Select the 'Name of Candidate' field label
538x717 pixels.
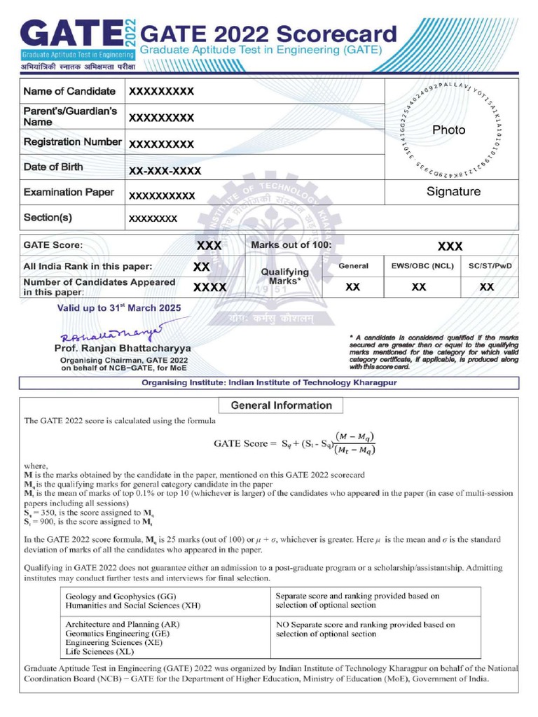point(69,92)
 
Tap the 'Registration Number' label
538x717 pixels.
point(72,142)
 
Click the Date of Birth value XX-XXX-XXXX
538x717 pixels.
point(165,171)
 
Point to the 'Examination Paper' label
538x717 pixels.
point(69,192)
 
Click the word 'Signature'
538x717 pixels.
point(453,191)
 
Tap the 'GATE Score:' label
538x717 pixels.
point(53,246)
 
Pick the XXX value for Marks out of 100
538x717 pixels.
point(450,246)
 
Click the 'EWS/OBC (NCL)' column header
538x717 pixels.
point(418,267)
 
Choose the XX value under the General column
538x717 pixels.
point(353,287)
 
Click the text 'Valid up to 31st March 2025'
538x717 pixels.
point(119,308)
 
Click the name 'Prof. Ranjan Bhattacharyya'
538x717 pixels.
point(123,348)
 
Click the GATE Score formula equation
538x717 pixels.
point(295,443)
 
